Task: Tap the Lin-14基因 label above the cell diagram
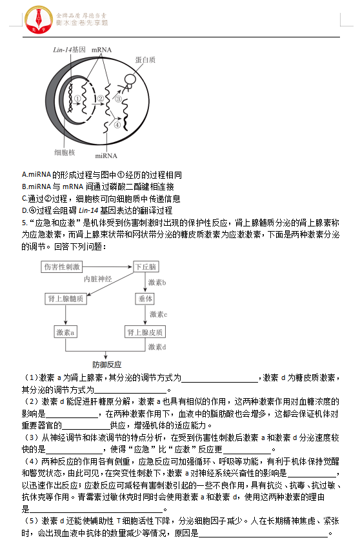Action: pyautogui.click(x=69, y=50)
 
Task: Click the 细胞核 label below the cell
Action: pyautogui.click(x=65, y=152)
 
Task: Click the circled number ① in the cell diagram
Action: pyautogui.click(x=77, y=99)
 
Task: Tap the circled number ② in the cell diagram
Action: pyautogui.click(x=101, y=99)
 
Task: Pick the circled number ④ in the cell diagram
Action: pyautogui.click(x=117, y=125)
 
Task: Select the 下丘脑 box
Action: pyautogui.click(x=145, y=266)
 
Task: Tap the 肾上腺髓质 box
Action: pyautogui.click(x=65, y=299)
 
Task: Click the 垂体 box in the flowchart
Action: pyautogui.click(x=145, y=299)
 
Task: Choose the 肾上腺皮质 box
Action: pyautogui.click(x=145, y=332)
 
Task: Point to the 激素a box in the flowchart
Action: pyautogui.click(x=65, y=332)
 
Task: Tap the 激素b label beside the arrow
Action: pyautogui.click(x=157, y=283)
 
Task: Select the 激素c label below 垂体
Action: pyautogui.click(x=158, y=314)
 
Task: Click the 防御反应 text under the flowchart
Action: pyautogui.click(x=106, y=365)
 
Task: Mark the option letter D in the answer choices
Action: pyautogui.click(x=25, y=210)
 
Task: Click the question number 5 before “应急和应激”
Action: pyautogui.click(x=24, y=223)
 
